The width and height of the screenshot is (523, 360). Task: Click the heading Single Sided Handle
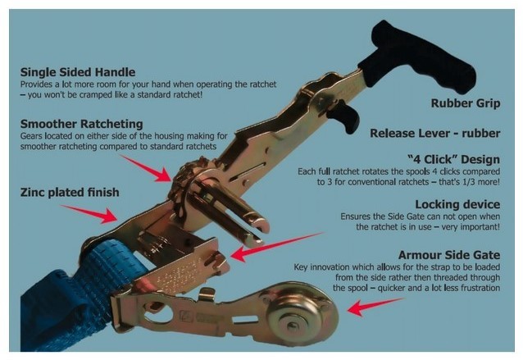point(78,72)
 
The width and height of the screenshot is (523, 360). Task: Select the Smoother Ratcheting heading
point(81,124)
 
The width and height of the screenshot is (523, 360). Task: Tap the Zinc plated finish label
point(70,193)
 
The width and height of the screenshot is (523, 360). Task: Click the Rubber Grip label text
point(466,103)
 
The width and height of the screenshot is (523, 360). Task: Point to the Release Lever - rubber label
point(435,134)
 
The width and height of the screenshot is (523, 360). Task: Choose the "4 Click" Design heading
point(453,159)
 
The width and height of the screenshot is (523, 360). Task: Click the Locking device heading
point(457,204)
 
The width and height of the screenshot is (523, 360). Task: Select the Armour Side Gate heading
point(449,255)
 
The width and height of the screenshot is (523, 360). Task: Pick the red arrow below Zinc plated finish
point(90,214)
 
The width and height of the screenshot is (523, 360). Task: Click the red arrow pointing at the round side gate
point(375,307)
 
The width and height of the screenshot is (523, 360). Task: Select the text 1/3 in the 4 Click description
point(471,182)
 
